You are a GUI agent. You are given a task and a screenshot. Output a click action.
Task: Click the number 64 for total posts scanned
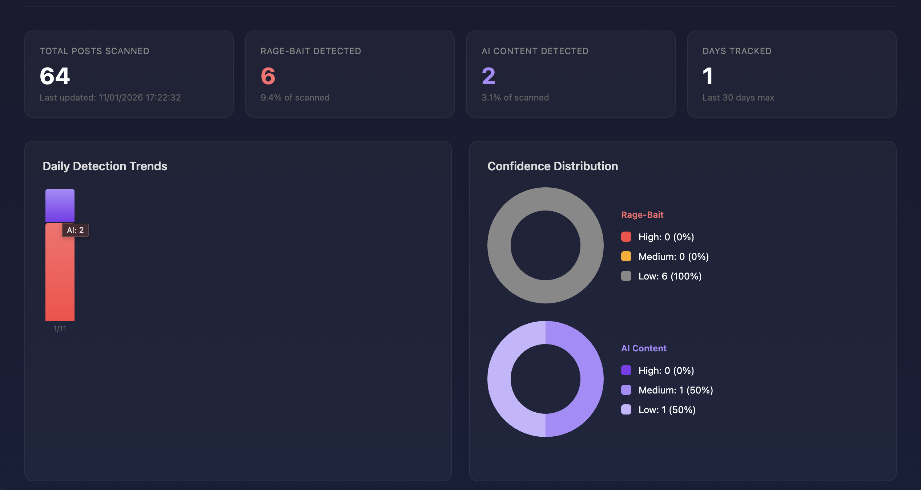pyautogui.click(x=55, y=76)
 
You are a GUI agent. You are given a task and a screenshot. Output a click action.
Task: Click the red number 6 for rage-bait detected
pyautogui.click(x=268, y=76)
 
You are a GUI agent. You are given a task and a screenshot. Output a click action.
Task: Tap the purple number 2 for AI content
pyautogui.click(x=488, y=76)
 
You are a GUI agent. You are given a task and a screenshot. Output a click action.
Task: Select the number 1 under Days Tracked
pyautogui.click(x=707, y=76)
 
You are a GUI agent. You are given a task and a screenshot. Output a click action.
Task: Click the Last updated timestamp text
pyautogui.click(x=110, y=98)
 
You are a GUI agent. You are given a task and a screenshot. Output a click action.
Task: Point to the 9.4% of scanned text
pyautogui.click(x=295, y=98)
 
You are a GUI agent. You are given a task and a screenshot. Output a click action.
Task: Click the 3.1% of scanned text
pyautogui.click(x=515, y=98)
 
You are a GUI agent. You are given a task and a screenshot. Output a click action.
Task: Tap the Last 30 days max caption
pyautogui.click(x=738, y=98)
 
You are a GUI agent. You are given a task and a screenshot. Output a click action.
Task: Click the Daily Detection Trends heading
pyautogui.click(x=105, y=166)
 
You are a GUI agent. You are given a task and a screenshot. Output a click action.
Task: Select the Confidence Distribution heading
pyautogui.click(x=552, y=166)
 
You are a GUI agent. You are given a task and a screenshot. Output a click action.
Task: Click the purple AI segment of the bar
pyautogui.click(x=60, y=205)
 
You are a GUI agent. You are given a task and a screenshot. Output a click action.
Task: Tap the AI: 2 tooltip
pyautogui.click(x=75, y=230)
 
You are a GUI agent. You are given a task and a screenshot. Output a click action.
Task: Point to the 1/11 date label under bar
pyautogui.click(x=60, y=328)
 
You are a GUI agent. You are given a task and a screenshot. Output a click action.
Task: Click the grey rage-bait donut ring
pyautogui.click(x=499, y=245)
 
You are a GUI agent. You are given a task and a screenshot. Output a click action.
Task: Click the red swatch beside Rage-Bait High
pyautogui.click(x=626, y=237)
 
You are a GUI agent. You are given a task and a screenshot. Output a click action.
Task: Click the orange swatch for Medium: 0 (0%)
pyautogui.click(x=626, y=257)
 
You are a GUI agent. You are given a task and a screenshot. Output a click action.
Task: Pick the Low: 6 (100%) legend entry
pyautogui.click(x=669, y=276)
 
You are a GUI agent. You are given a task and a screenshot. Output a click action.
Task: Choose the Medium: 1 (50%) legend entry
pyautogui.click(x=675, y=390)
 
